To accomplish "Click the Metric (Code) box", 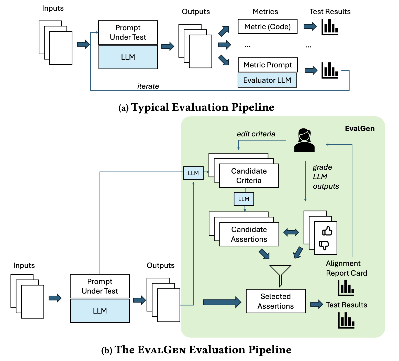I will click(x=268, y=26).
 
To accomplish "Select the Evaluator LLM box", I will click(x=267, y=80).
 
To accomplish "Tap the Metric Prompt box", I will click(x=268, y=65).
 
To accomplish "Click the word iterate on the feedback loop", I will click(x=148, y=86).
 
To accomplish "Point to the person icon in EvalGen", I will click(x=304, y=141).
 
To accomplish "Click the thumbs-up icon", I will click(x=327, y=231).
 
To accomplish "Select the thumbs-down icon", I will click(x=324, y=245).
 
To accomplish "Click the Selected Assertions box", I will click(x=276, y=301).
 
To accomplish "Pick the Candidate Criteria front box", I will click(x=249, y=176).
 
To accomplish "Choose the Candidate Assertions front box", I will click(x=249, y=234).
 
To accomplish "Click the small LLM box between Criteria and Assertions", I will click(x=244, y=199).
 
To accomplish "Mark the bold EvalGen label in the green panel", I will click(x=360, y=128).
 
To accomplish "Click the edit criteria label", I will click(x=256, y=134).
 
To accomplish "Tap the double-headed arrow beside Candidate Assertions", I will click(x=291, y=232).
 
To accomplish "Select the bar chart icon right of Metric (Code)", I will click(x=330, y=27).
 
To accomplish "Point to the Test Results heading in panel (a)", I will click(x=330, y=12).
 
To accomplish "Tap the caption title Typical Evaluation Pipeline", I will click(x=203, y=107).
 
